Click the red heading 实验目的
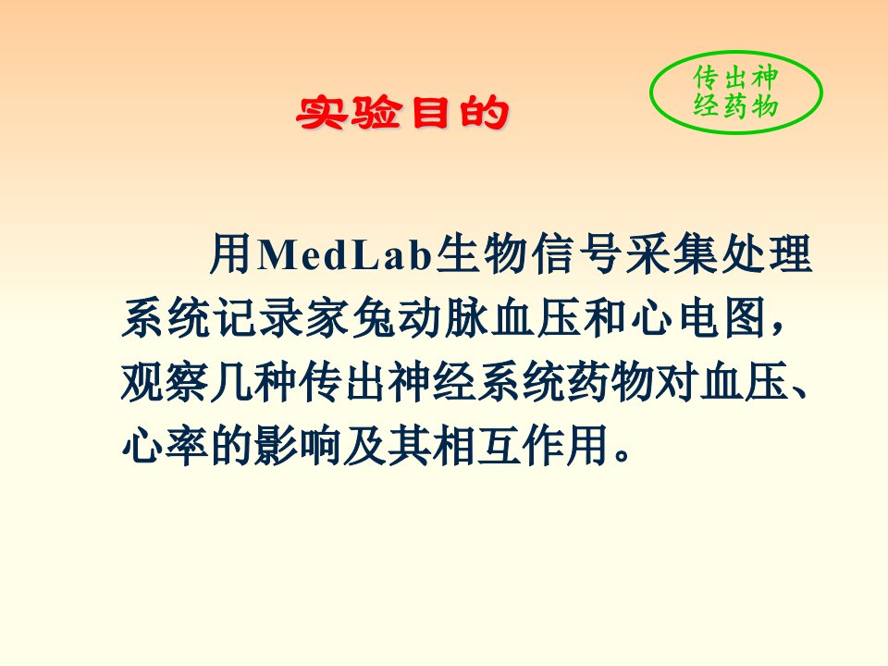point(402,113)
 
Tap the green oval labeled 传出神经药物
point(735,52)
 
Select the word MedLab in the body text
point(345,254)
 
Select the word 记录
point(258,317)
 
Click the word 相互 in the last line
point(476,445)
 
